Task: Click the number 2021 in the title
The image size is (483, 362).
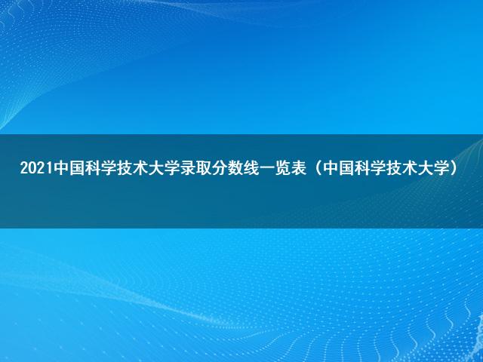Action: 37,168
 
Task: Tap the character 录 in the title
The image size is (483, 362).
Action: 188,168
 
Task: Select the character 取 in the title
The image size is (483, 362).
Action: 204,168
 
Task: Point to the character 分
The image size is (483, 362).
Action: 220,168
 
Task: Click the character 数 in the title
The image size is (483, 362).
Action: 235,168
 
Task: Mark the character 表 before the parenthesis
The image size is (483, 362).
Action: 299,168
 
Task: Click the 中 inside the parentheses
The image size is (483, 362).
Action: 331,168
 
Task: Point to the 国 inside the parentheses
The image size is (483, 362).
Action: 346,168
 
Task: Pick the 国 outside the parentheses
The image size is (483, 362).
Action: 78,168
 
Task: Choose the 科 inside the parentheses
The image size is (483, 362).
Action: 362,168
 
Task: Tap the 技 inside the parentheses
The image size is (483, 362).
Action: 394,168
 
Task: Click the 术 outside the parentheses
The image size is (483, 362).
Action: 141,168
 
